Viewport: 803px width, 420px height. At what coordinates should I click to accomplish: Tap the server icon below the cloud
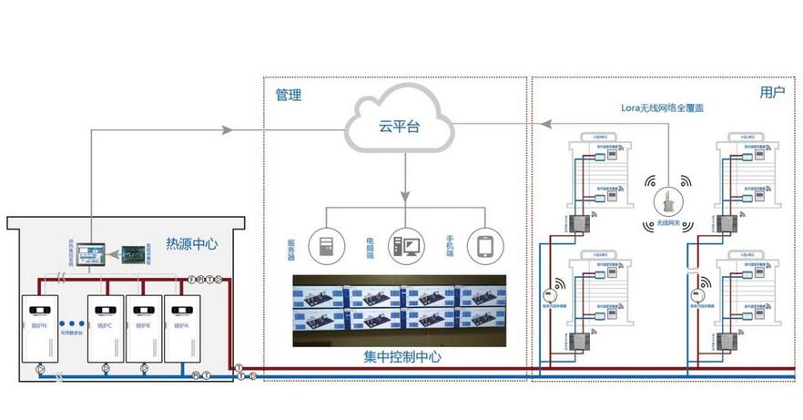tap(323, 245)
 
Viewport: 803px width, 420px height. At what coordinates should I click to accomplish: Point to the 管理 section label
tap(289, 95)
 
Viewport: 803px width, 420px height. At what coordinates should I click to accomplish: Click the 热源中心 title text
tap(192, 243)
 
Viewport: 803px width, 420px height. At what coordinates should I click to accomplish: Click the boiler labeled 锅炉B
tap(140, 326)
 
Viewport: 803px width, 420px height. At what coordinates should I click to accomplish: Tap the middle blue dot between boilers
tap(71, 324)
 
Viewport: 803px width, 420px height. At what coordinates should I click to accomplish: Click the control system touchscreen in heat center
tap(92, 251)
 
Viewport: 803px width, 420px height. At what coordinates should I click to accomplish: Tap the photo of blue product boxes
tap(399, 311)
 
